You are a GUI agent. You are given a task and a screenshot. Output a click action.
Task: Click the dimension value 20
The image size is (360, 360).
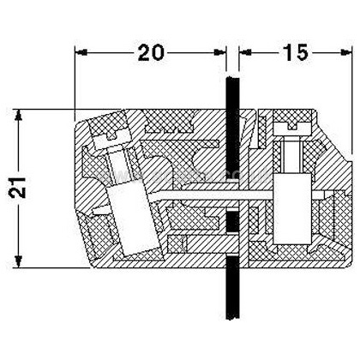151,52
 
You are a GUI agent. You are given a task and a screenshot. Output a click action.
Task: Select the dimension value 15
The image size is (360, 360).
296,52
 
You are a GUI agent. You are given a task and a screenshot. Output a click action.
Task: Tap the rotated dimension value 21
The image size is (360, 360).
18,188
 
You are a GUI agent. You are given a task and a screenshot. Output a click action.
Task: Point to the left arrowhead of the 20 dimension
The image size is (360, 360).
81,52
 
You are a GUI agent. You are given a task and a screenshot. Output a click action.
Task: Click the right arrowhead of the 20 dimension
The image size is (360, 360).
220,52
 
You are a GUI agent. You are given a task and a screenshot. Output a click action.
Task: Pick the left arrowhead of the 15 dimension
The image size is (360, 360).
245,52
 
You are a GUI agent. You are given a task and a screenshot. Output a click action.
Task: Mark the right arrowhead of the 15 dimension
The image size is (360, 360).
345,52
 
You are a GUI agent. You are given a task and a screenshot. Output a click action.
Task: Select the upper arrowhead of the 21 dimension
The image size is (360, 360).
19,115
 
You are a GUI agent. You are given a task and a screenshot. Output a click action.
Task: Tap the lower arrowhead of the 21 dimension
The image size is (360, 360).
19,261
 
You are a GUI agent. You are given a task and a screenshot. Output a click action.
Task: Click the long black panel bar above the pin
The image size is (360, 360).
232,128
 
